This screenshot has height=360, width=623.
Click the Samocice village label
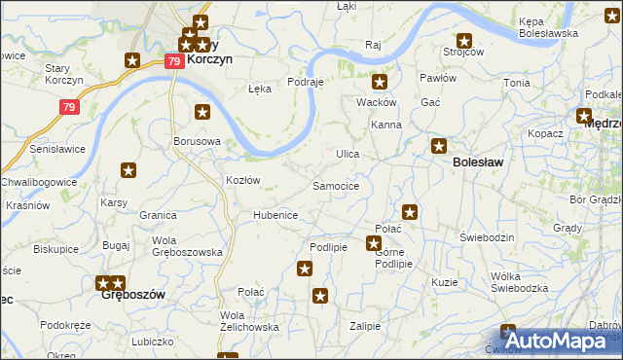336,185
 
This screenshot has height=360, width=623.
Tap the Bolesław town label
478,162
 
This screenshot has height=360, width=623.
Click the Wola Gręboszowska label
188,246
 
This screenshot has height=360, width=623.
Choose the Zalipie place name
365,326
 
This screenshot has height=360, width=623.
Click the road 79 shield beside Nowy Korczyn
173,60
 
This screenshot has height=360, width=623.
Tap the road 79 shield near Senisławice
68,107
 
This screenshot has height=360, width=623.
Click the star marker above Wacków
380,84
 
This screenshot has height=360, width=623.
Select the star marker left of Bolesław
439,146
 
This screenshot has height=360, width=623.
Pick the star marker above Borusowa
202,112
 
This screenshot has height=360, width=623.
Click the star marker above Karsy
128,171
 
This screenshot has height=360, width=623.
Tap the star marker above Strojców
464,41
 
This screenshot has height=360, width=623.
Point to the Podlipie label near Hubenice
328,247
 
